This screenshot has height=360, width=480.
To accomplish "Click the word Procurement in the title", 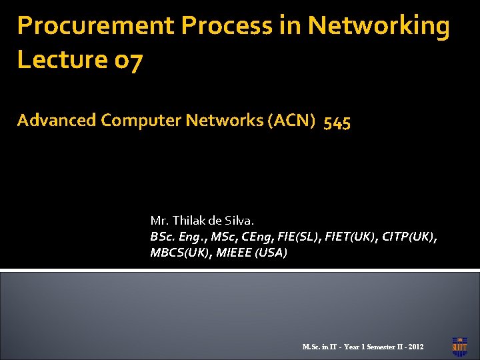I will pos(96,27).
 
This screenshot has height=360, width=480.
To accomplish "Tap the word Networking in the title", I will pos(379,27).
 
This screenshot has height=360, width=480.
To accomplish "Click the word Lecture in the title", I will pos(59,60).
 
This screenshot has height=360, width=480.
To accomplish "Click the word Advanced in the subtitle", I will pos(57,121).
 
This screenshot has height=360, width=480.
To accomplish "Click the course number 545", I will pos(337,122).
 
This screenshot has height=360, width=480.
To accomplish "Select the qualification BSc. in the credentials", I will pos(162,237).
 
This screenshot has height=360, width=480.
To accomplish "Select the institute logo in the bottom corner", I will pos(459,344).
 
